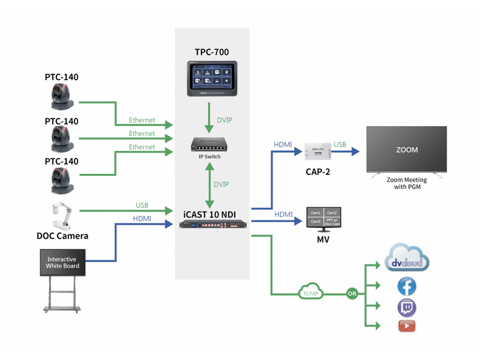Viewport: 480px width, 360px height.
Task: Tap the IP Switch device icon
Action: tap(209, 145)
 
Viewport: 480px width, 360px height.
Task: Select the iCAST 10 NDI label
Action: tap(209, 215)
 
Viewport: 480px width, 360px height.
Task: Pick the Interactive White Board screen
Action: tap(62, 262)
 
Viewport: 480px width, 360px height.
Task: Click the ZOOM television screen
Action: tap(406, 150)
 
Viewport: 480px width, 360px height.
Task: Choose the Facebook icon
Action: tap(406, 286)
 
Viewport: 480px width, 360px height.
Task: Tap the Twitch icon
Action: tap(406, 308)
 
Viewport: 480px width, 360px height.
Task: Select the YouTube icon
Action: tap(406, 326)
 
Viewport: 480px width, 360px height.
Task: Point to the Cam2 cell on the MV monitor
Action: tap(332, 213)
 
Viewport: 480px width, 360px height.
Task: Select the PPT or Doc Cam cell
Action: tap(332, 222)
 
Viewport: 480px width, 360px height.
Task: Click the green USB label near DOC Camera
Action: tap(142, 205)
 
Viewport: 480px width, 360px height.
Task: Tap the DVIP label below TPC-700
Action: tap(224, 120)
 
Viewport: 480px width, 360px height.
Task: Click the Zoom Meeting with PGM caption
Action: tap(406, 183)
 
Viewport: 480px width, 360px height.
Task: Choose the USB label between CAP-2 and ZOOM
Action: tap(340, 145)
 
